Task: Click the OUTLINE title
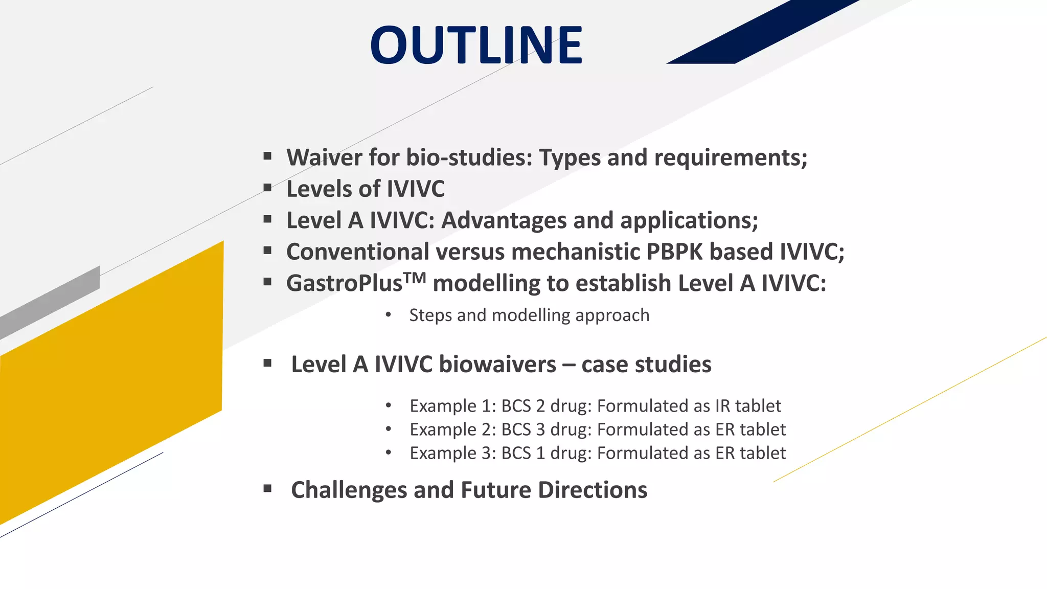(476, 46)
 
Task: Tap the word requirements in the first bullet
(731, 157)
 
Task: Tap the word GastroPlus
(344, 284)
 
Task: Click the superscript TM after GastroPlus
(414, 278)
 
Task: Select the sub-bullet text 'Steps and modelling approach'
(529, 315)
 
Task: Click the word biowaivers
(497, 365)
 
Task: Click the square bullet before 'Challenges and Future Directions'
(267, 489)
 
